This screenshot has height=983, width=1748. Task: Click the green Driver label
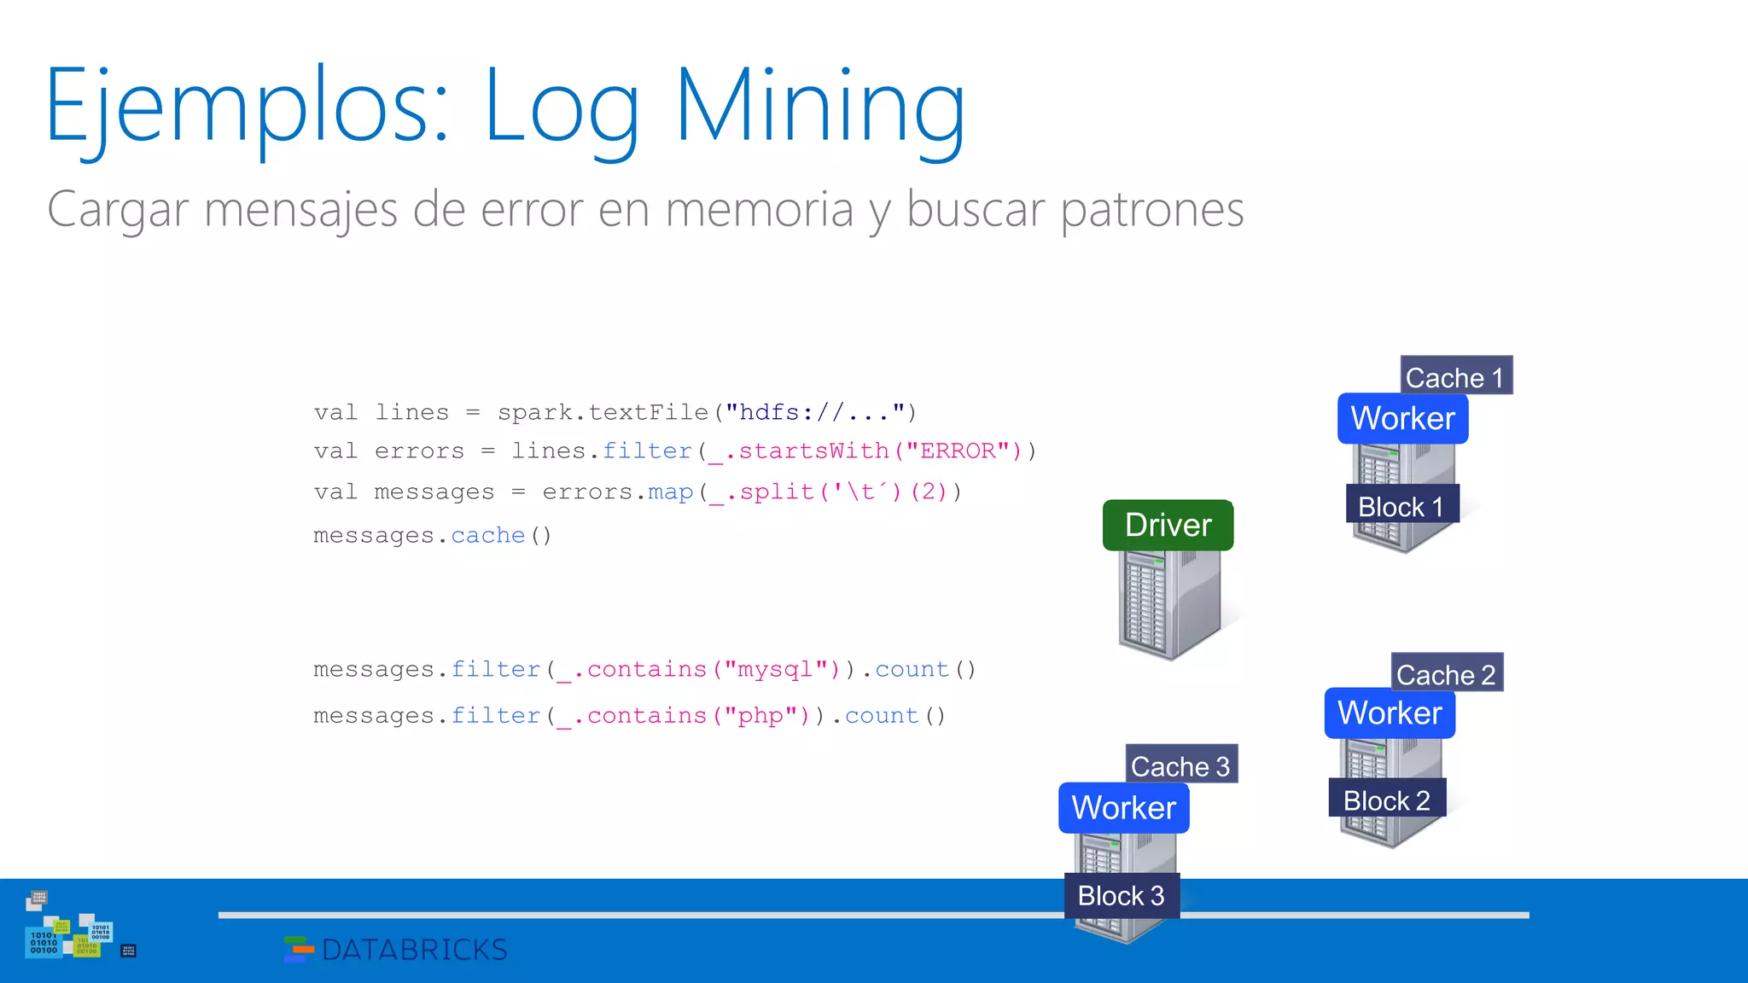1168,525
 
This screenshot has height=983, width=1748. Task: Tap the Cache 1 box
1455,376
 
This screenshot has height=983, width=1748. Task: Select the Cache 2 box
1447,674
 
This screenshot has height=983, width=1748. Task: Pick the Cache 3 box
1181,765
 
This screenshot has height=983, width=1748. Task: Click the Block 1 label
1401,506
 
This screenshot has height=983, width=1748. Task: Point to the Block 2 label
1387,800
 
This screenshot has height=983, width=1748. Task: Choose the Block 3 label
1122,895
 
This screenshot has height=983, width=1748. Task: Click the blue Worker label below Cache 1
1402,418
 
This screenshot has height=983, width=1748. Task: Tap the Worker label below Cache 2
1390,713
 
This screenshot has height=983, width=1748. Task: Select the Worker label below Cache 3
1123,807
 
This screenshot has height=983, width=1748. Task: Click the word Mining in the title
819,107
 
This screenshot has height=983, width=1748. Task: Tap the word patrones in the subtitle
1152,209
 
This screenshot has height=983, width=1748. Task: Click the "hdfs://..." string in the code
815,412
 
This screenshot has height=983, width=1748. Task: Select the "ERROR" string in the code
963,451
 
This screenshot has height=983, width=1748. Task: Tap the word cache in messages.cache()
487,535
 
